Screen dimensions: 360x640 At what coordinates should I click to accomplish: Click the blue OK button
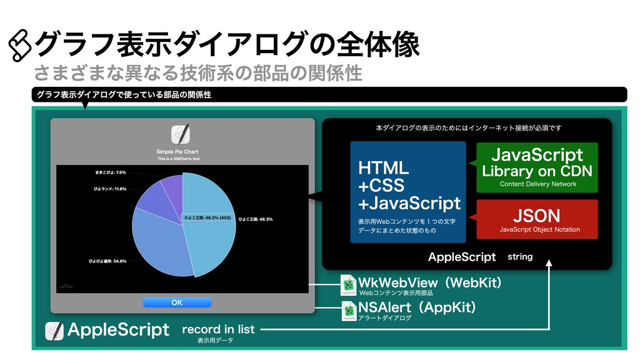[x=177, y=302]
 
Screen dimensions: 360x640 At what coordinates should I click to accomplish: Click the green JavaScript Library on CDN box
[x=537, y=167]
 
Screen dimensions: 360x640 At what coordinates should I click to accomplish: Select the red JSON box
[x=537, y=219]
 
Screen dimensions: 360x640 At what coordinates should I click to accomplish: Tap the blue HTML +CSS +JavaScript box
[x=407, y=192]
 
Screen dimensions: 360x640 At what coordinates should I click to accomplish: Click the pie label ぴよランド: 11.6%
[x=107, y=189]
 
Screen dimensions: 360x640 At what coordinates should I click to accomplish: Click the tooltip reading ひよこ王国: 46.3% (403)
[x=208, y=217]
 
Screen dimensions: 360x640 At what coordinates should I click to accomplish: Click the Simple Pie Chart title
[x=177, y=151]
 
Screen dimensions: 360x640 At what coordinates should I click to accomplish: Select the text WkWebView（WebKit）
[x=430, y=282]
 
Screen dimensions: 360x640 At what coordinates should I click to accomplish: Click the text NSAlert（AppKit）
[x=417, y=307]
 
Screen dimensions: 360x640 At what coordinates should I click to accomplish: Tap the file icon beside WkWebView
[x=348, y=285]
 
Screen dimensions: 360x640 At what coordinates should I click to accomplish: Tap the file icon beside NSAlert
[x=349, y=311]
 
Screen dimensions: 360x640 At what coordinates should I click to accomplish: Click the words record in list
[x=218, y=329]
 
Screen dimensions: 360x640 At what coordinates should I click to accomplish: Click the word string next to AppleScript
[x=520, y=257]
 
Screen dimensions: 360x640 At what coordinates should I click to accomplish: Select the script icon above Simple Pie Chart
[x=181, y=135]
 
